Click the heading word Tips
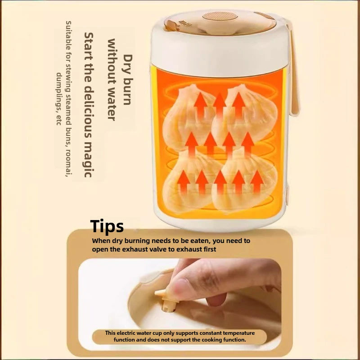point(107,227)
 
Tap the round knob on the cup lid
point(220,17)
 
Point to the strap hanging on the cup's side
point(293,69)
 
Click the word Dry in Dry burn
point(128,64)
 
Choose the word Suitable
point(68,33)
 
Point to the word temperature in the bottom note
point(239,333)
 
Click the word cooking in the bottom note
point(202,340)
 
